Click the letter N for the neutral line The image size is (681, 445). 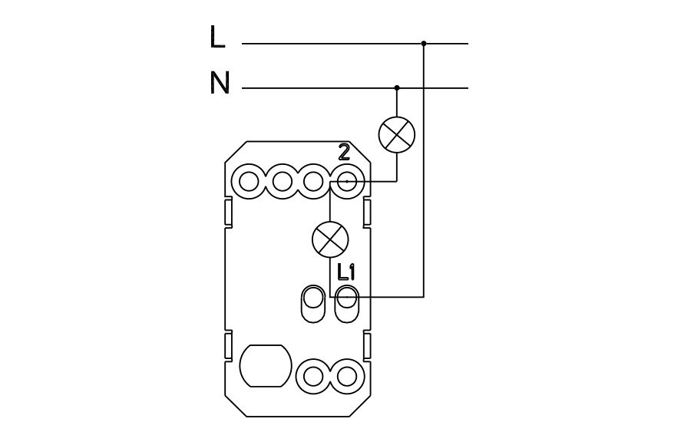[x=220, y=83]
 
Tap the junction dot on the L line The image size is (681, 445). [x=424, y=44]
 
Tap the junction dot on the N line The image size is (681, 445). [x=397, y=88]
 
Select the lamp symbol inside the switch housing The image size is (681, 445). [x=330, y=240]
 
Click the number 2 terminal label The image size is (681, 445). [x=344, y=153]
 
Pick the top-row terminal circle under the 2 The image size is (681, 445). [x=346, y=182]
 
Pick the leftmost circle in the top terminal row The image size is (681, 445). [x=250, y=182]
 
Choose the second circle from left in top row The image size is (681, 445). [x=282, y=182]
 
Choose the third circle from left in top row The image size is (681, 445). [x=313, y=182]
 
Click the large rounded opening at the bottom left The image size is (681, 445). [x=266, y=367]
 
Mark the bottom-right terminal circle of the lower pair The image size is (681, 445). [x=347, y=375]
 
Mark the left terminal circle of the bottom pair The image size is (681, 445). [x=314, y=375]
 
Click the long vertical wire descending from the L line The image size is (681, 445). [x=424, y=169]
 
